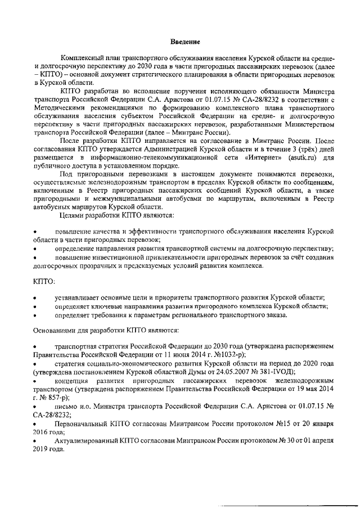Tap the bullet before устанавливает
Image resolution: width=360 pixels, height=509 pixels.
coord(36,298)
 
